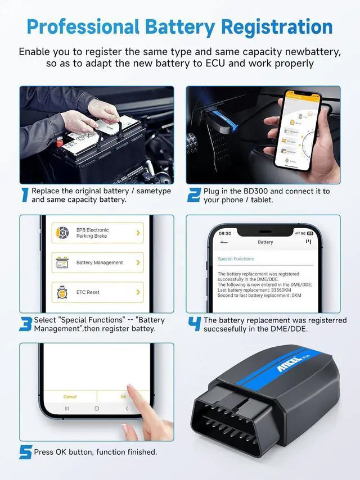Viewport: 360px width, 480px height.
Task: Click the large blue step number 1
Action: pos(25,195)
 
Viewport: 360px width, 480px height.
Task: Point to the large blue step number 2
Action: pos(193,195)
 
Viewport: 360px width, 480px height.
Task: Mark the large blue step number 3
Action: pos(25,324)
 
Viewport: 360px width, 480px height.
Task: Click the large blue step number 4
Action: pos(194,324)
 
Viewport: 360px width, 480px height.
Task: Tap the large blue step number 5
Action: pos(25,452)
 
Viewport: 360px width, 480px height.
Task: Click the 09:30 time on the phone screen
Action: pos(225,233)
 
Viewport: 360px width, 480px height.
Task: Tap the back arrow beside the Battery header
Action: pos(224,242)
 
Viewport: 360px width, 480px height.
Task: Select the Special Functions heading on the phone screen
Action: pos(236,259)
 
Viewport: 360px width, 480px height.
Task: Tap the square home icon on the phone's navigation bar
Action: pos(97,408)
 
